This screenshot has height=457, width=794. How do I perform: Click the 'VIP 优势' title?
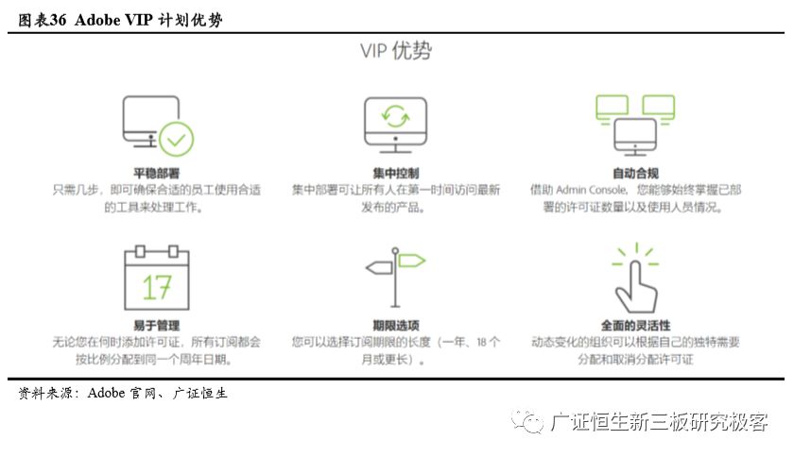click(395, 50)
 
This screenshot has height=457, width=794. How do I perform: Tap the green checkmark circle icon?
click(176, 139)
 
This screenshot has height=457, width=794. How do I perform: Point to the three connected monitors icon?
click(634, 123)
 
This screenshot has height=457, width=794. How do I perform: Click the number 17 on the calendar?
click(157, 287)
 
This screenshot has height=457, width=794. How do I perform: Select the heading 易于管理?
click(157, 325)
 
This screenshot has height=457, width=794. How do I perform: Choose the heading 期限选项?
click(395, 325)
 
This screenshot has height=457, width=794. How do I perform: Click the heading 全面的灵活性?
click(634, 325)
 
